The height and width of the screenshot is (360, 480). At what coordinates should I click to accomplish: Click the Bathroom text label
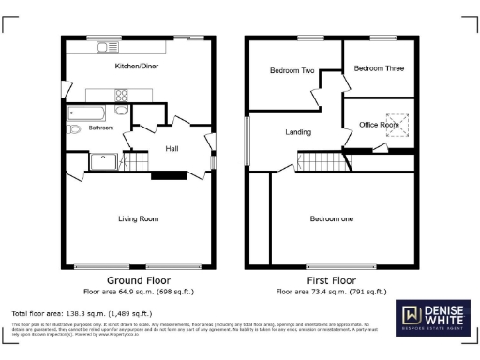[100, 128]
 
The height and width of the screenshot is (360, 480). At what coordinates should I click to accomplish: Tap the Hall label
[172, 148]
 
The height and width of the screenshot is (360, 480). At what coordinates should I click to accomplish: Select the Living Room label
[138, 219]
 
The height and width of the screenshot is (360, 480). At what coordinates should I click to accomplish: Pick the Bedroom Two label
[291, 70]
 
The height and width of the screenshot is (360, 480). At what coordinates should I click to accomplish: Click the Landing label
[298, 132]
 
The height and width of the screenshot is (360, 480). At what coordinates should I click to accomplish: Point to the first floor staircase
[319, 160]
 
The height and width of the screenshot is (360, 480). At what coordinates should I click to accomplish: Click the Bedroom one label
[332, 219]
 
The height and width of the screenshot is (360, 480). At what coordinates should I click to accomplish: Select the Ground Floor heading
[138, 280]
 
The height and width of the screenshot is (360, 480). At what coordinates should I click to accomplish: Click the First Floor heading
[332, 280]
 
